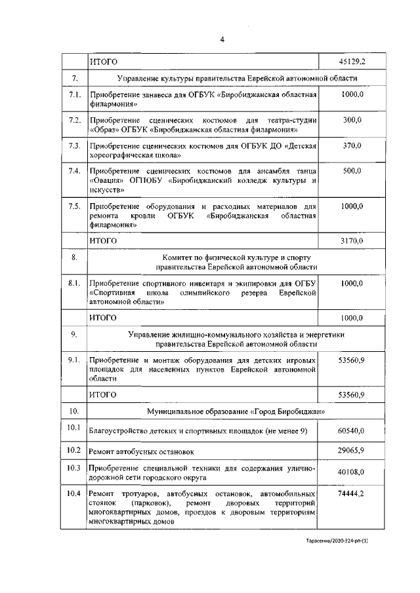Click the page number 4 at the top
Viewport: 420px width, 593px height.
tap(222, 40)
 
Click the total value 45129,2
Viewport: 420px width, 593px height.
tap(352, 62)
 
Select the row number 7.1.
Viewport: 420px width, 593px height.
tap(75, 96)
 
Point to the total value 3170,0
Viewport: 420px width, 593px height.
tap(352, 240)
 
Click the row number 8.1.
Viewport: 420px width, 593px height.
tap(75, 282)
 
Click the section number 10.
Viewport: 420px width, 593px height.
tap(75, 411)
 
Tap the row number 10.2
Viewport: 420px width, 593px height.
tap(73, 450)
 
